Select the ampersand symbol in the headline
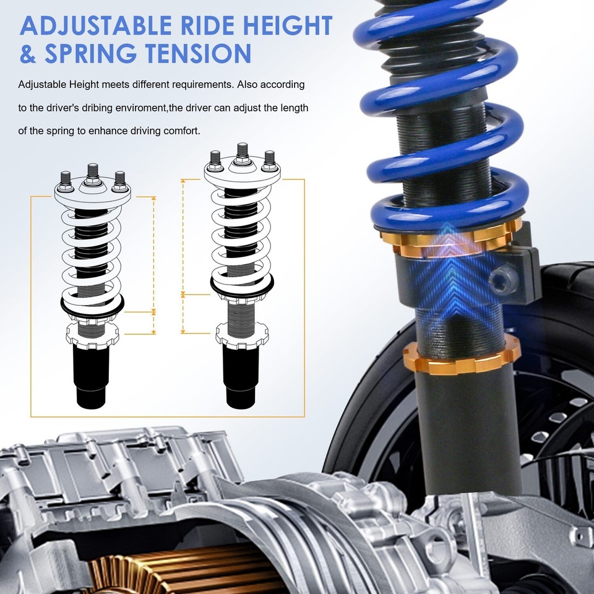tap(28, 54)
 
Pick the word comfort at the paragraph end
tap(180, 131)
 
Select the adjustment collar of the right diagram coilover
tap(243, 332)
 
